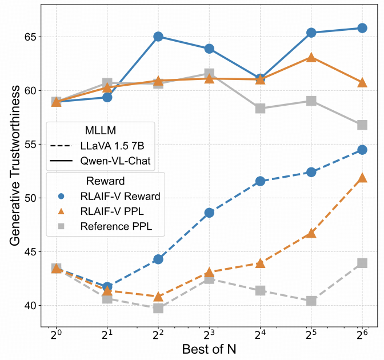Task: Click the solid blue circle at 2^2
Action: pos(158,37)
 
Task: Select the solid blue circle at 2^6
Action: pos(362,28)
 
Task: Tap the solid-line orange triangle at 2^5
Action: pos(311,57)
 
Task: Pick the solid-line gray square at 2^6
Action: pos(362,125)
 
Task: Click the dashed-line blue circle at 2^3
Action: pos(209,213)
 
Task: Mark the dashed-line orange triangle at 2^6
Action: pos(362,178)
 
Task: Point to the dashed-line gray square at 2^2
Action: pos(158,309)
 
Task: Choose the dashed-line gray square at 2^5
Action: pos(311,301)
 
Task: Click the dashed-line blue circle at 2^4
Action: pos(261,181)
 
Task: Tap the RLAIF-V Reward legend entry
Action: pos(118,196)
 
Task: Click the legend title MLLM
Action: pos(101,131)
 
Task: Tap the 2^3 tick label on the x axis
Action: pos(209,333)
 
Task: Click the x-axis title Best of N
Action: pos(209,349)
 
